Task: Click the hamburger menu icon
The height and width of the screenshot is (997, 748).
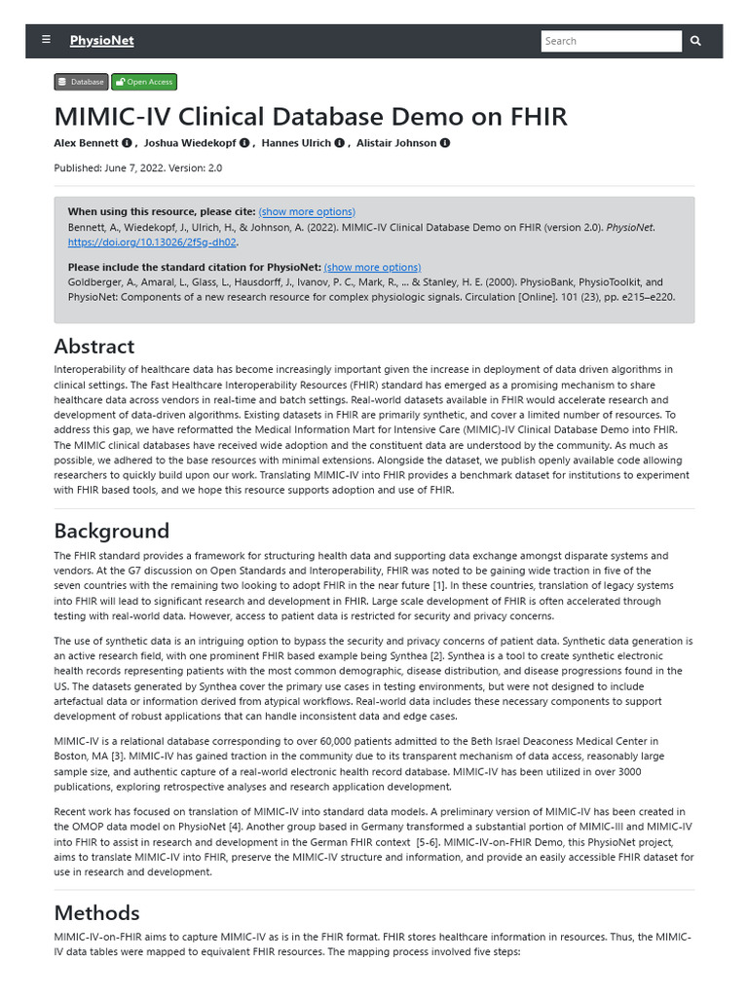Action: (46, 40)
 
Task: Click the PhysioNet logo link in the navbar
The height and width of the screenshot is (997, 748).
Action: (101, 41)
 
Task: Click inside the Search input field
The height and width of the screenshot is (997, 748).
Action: (611, 41)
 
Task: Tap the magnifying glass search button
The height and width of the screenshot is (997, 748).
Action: (695, 41)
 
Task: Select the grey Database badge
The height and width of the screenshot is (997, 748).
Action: (81, 82)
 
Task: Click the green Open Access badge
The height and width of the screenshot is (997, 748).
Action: (144, 82)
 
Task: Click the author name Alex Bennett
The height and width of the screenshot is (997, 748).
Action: (87, 143)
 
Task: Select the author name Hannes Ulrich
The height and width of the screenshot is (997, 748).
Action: (296, 143)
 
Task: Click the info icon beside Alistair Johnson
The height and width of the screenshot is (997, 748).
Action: (445, 143)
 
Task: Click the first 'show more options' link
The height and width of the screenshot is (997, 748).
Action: (307, 211)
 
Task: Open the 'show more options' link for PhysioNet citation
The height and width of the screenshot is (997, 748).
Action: (372, 267)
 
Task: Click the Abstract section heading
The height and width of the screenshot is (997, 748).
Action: (94, 346)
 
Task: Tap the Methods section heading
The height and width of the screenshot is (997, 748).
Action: (96, 912)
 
